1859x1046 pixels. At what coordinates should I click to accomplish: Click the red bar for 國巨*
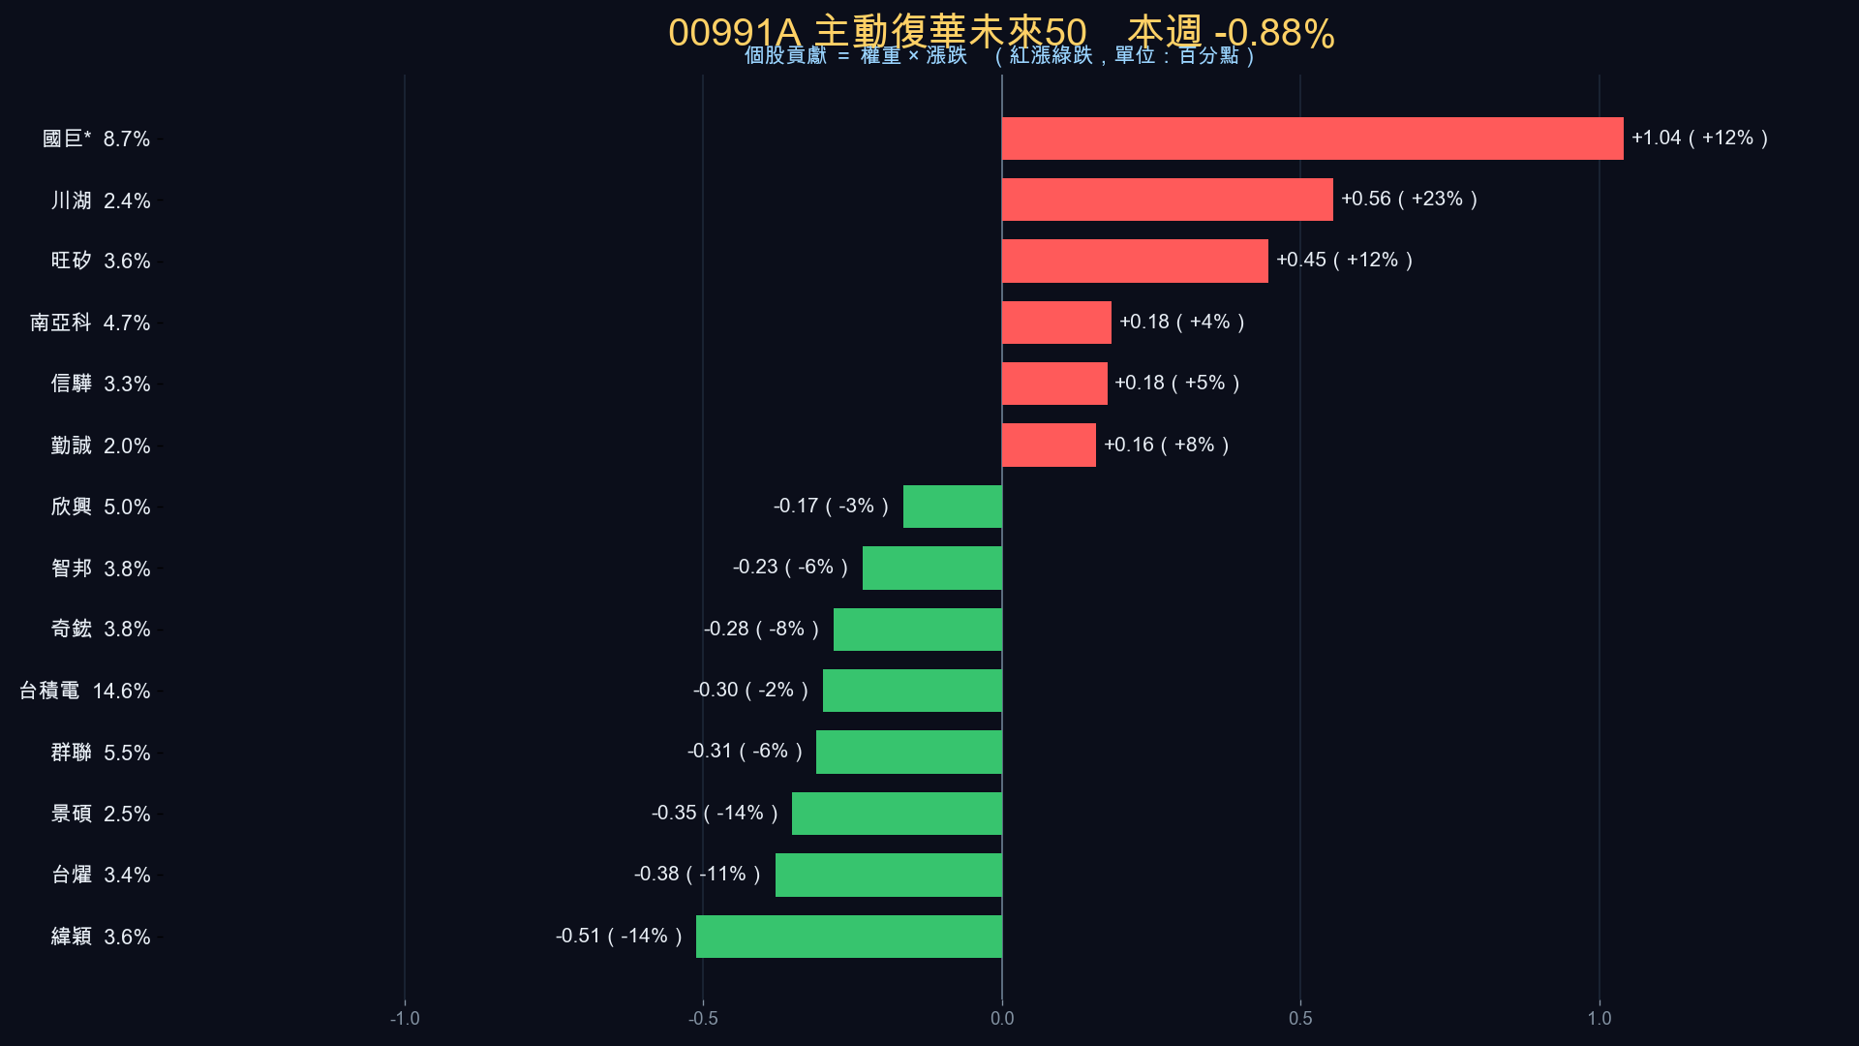1313,138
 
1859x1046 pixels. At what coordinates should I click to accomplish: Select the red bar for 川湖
1168,200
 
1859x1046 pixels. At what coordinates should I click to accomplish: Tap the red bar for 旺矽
1135,261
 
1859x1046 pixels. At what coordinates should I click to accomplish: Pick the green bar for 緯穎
849,937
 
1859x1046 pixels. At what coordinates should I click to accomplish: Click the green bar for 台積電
912,691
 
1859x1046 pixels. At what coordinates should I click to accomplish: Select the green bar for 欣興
953,507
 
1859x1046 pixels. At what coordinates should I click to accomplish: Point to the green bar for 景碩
897,814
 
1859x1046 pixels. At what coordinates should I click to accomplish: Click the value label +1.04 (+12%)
1700,138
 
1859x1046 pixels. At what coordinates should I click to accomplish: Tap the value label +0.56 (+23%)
1410,199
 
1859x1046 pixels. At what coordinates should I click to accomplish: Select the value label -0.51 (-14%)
620,936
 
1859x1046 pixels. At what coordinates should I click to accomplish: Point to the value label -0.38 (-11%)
698,874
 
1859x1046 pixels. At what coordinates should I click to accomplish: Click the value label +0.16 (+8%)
1167,445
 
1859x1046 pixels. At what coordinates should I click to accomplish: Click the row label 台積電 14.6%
85,691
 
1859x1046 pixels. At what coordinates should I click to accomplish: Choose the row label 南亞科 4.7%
90,323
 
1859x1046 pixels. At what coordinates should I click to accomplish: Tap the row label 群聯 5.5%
101,753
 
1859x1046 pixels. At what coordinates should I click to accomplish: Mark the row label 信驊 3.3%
101,384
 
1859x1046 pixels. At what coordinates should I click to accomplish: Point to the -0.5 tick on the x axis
703,1018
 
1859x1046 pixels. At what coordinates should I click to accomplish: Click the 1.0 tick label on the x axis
1600,1018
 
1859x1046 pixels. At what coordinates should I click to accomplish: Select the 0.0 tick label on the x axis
1002,1018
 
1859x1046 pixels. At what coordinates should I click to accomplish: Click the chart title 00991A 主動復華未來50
877,33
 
